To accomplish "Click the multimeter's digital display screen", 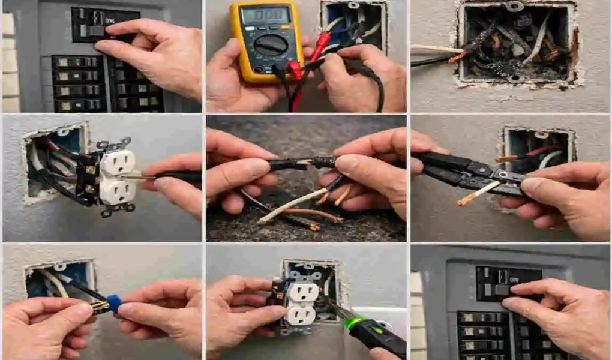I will (265, 15).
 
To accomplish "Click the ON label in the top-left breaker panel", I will (110, 20).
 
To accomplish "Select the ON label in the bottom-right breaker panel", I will (514, 278).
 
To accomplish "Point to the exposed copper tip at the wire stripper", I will (465, 201).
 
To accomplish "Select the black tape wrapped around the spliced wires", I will (300, 163).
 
